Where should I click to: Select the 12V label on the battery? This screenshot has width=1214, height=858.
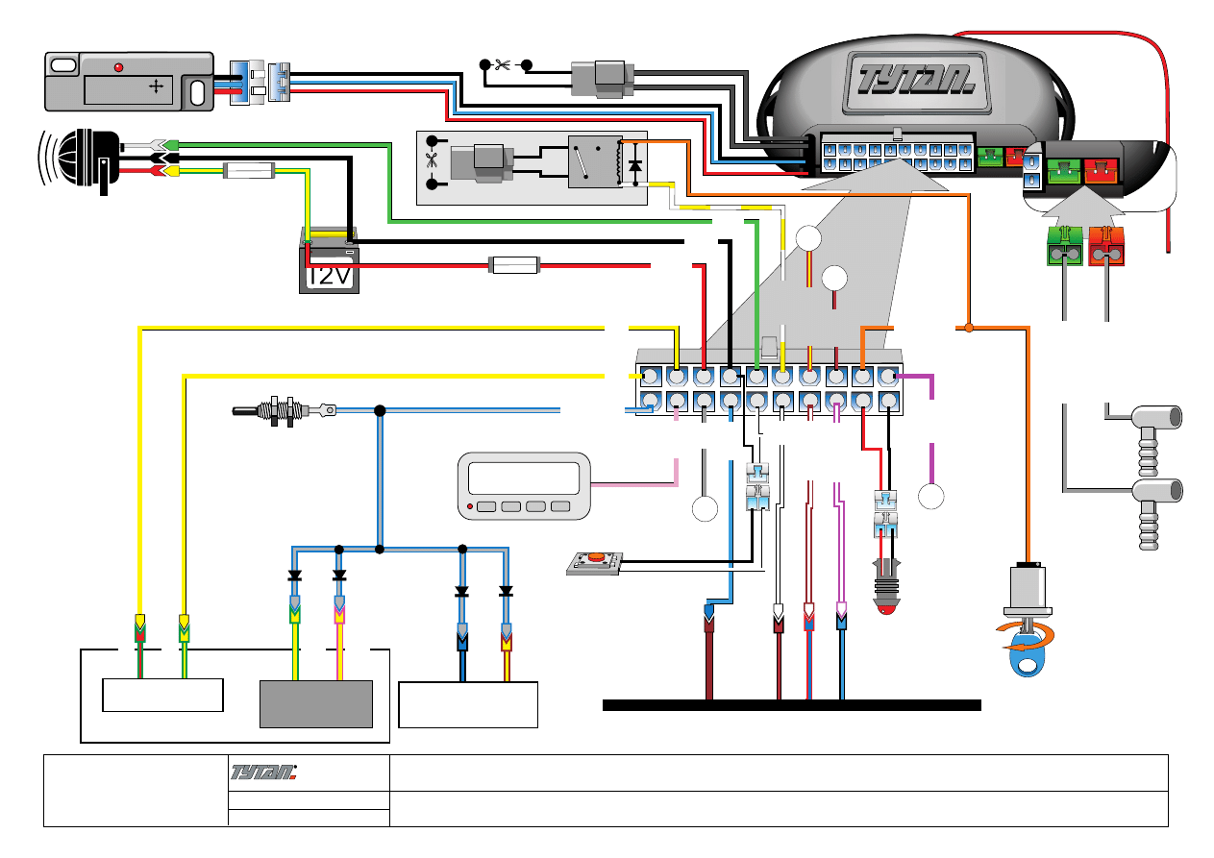point(329,276)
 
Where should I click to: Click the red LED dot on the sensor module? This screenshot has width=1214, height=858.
point(118,67)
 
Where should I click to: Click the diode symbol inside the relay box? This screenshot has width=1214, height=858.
point(634,165)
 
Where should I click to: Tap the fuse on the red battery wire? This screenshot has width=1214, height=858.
point(516,264)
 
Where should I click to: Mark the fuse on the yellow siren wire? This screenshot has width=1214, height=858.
point(249,173)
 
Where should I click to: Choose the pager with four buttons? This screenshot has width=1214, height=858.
point(524,486)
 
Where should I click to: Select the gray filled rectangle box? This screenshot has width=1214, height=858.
point(316,703)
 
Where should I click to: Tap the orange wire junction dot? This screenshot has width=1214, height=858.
point(969,329)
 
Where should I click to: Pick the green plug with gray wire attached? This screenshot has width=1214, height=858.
point(1064,247)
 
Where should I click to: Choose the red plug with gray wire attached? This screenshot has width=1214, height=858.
point(1106,247)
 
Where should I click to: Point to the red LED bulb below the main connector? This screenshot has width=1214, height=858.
point(884,596)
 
